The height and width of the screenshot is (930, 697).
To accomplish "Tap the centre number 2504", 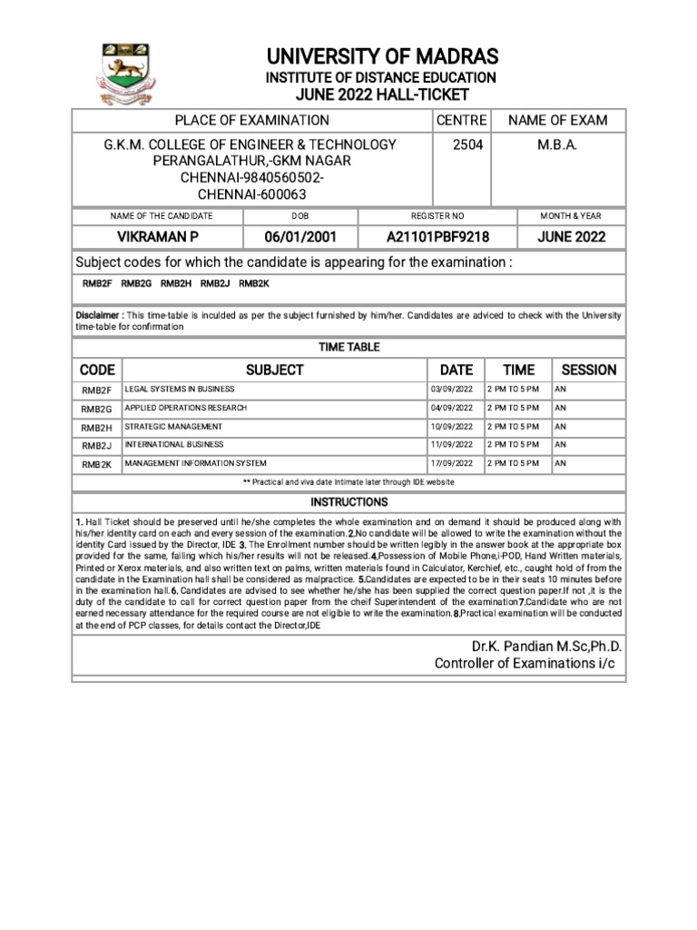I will pyautogui.click(x=461, y=144).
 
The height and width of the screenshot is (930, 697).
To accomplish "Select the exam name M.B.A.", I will pyautogui.click(x=558, y=144).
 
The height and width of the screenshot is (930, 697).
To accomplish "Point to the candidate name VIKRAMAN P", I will pyautogui.click(x=158, y=237).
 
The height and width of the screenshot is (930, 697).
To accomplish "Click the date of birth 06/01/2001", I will pyautogui.click(x=300, y=237).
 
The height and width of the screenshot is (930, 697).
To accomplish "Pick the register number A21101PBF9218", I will pyautogui.click(x=437, y=237).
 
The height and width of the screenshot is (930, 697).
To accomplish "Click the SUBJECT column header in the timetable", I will pyautogui.click(x=274, y=370).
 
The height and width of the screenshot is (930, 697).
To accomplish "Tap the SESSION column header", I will pyautogui.click(x=588, y=370).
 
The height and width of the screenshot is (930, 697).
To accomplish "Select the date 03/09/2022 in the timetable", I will pyautogui.click(x=452, y=390).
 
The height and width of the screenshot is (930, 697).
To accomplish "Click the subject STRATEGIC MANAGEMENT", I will pyautogui.click(x=173, y=427).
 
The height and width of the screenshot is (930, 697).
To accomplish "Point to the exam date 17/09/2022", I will pyautogui.click(x=452, y=463).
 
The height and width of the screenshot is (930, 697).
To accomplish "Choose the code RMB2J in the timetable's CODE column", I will pyautogui.click(x=96, y=446).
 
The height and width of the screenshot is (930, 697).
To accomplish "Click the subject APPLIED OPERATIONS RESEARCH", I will pyautogui.click(x=185, y=408).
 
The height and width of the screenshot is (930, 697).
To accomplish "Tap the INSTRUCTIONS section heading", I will pyautogui.click(x=348, y=502).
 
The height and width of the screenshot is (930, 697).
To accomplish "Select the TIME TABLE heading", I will pyautogui.click(x=348, y=347).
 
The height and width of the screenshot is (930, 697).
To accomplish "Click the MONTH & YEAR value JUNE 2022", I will pyautogui.click(x=571, y=237).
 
